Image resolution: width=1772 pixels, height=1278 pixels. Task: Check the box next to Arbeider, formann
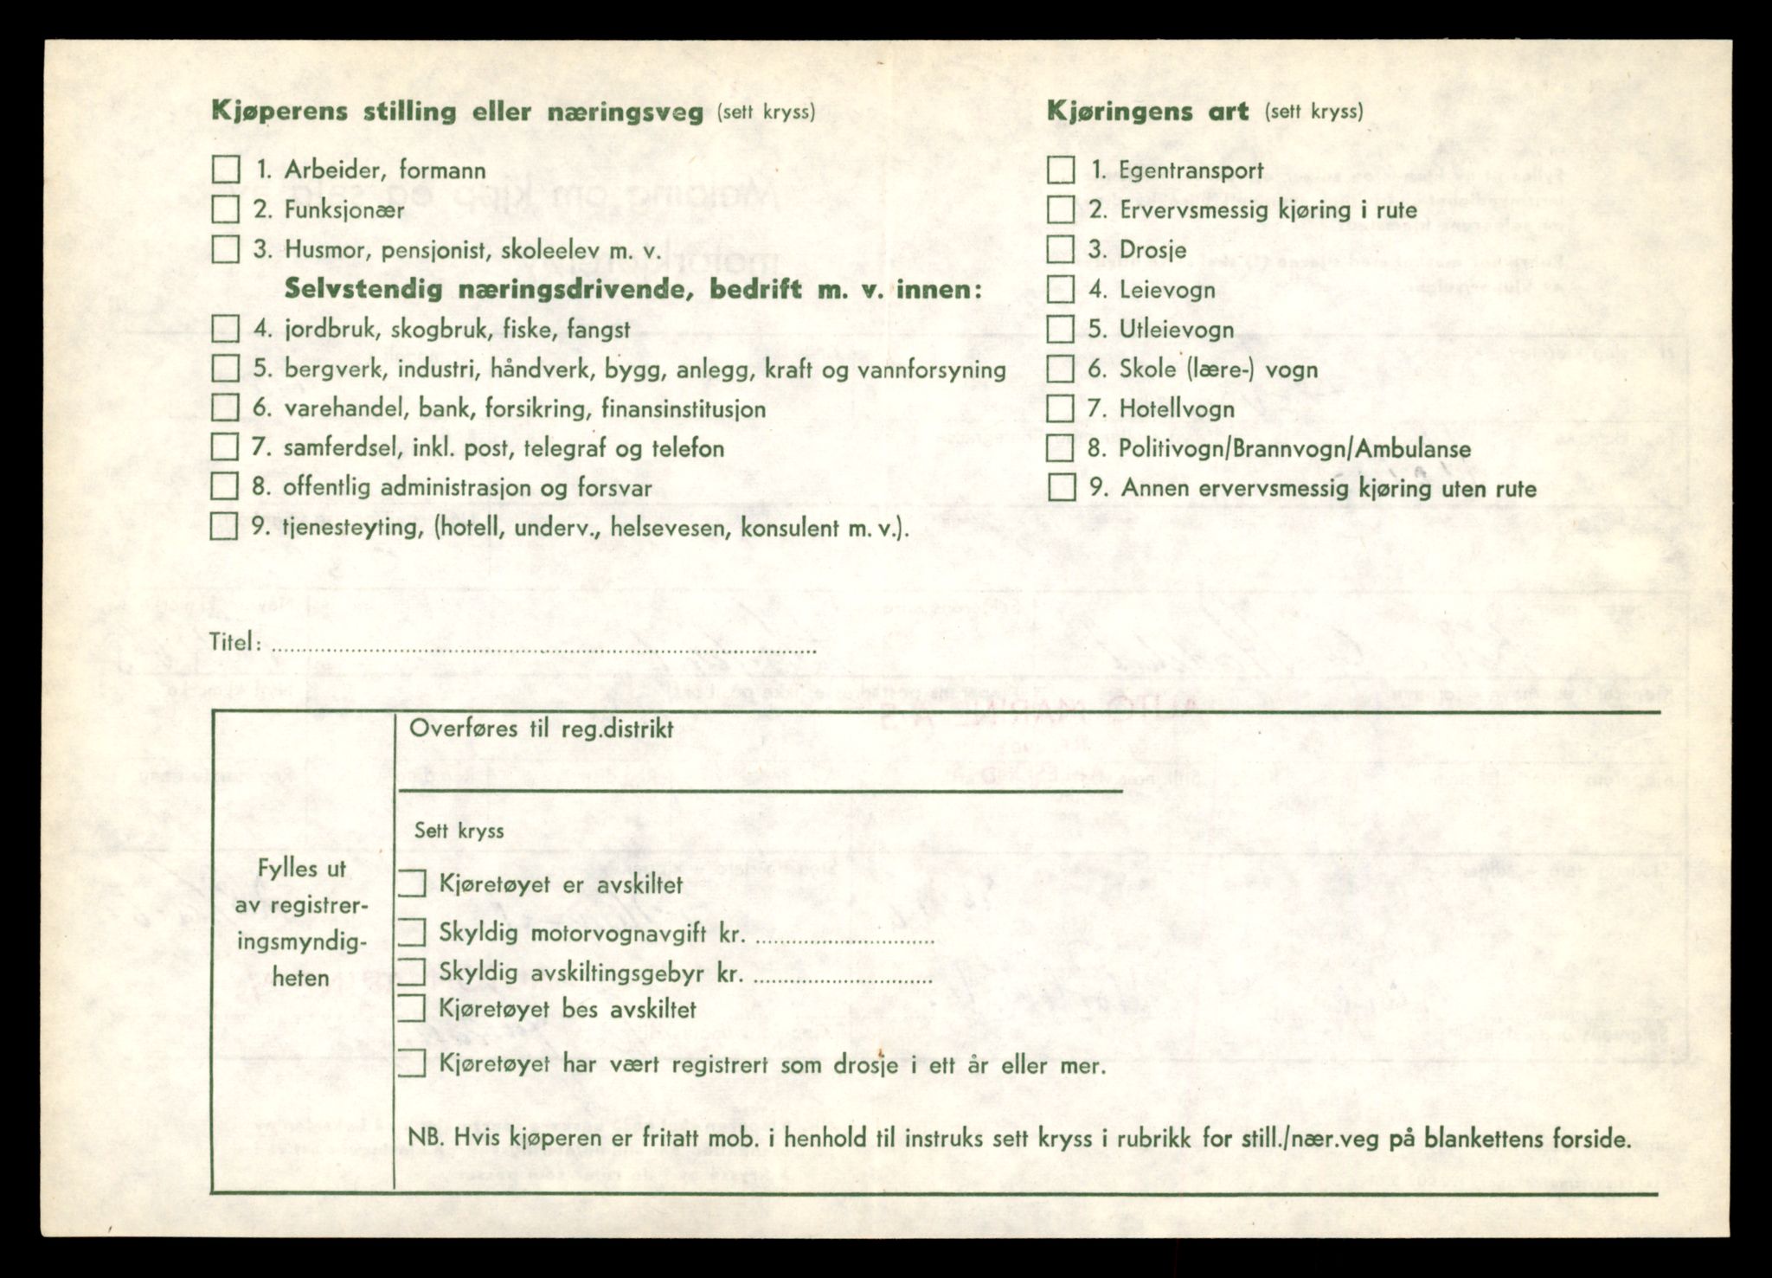pos(226,170)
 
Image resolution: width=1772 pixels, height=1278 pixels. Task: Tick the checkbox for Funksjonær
pos(226,209)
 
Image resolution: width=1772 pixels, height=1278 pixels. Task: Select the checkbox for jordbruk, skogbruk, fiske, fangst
pos(226,329)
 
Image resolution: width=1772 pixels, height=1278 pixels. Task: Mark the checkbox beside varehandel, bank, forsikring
pos(225,408)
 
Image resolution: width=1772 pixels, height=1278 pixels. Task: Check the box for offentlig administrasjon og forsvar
pos(225,486)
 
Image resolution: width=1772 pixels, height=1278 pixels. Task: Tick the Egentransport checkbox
pos(1061,170)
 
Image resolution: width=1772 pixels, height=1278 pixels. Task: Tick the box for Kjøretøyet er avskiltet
pos(412,883)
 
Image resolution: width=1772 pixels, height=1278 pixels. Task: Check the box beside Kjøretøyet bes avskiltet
pos(412,1008)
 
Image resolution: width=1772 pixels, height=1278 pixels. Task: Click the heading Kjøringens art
pos(1147,111)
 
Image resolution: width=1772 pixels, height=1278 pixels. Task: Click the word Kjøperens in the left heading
pos(279,112)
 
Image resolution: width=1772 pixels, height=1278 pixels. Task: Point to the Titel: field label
pos(234,642)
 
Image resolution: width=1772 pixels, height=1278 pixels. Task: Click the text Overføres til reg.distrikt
pos(541,729)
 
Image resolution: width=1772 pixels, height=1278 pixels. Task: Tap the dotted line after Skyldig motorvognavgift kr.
pos(844,939)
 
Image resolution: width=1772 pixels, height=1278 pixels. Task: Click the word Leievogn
pos(1167,290)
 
